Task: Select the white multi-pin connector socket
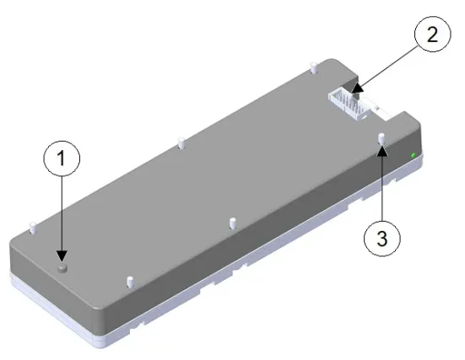349,105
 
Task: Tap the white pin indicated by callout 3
382,137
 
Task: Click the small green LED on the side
413,155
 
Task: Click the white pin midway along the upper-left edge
181,142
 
